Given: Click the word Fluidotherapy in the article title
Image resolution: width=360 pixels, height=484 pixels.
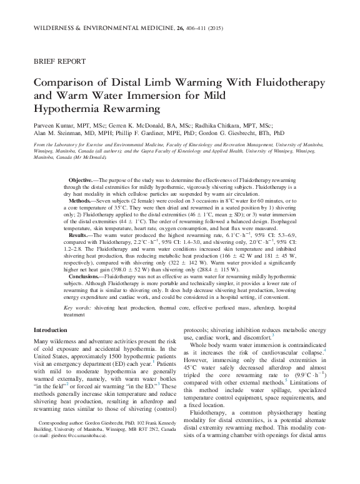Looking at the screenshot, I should tap(273, 83).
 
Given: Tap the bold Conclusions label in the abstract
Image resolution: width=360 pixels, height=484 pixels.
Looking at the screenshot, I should tap(87, 293).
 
